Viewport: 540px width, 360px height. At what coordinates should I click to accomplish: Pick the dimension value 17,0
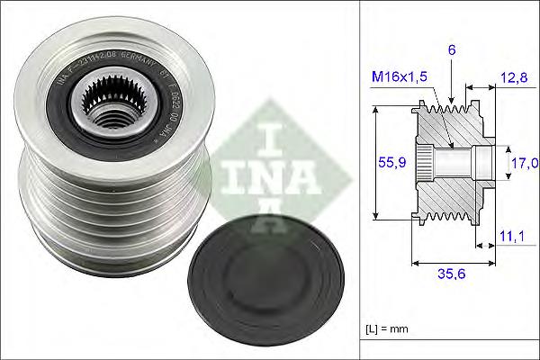[x=525, y=163]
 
